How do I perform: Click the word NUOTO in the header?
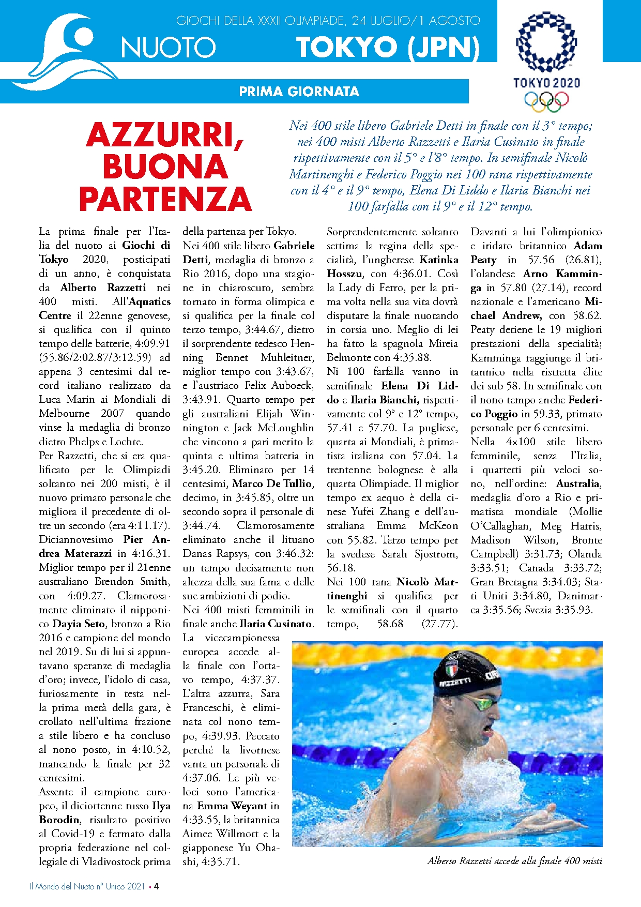pyautogui.click(x=168, y=48)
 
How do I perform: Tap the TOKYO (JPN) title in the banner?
pyautogui.click(x=388, y=47)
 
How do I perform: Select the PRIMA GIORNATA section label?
pyautogui.click(x=299, y=92)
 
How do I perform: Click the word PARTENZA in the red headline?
pyautogui.click(x=165, y=199)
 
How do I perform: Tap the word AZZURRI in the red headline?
pyautogui.click(x=165, y=135)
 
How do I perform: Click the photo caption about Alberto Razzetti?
pyautogui.click(x=514, y=860)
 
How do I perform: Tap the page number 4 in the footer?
pyautogui.click(x=156, y=886)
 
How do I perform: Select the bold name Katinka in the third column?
pyautogui.click(x=439, y=260)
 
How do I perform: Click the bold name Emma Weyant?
pyautogui.click(x=232, y=806)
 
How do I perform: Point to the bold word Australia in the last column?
pyautogui.click(x=578, y=483)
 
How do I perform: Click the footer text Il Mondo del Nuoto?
pyautogui.click(x=62, y=886)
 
